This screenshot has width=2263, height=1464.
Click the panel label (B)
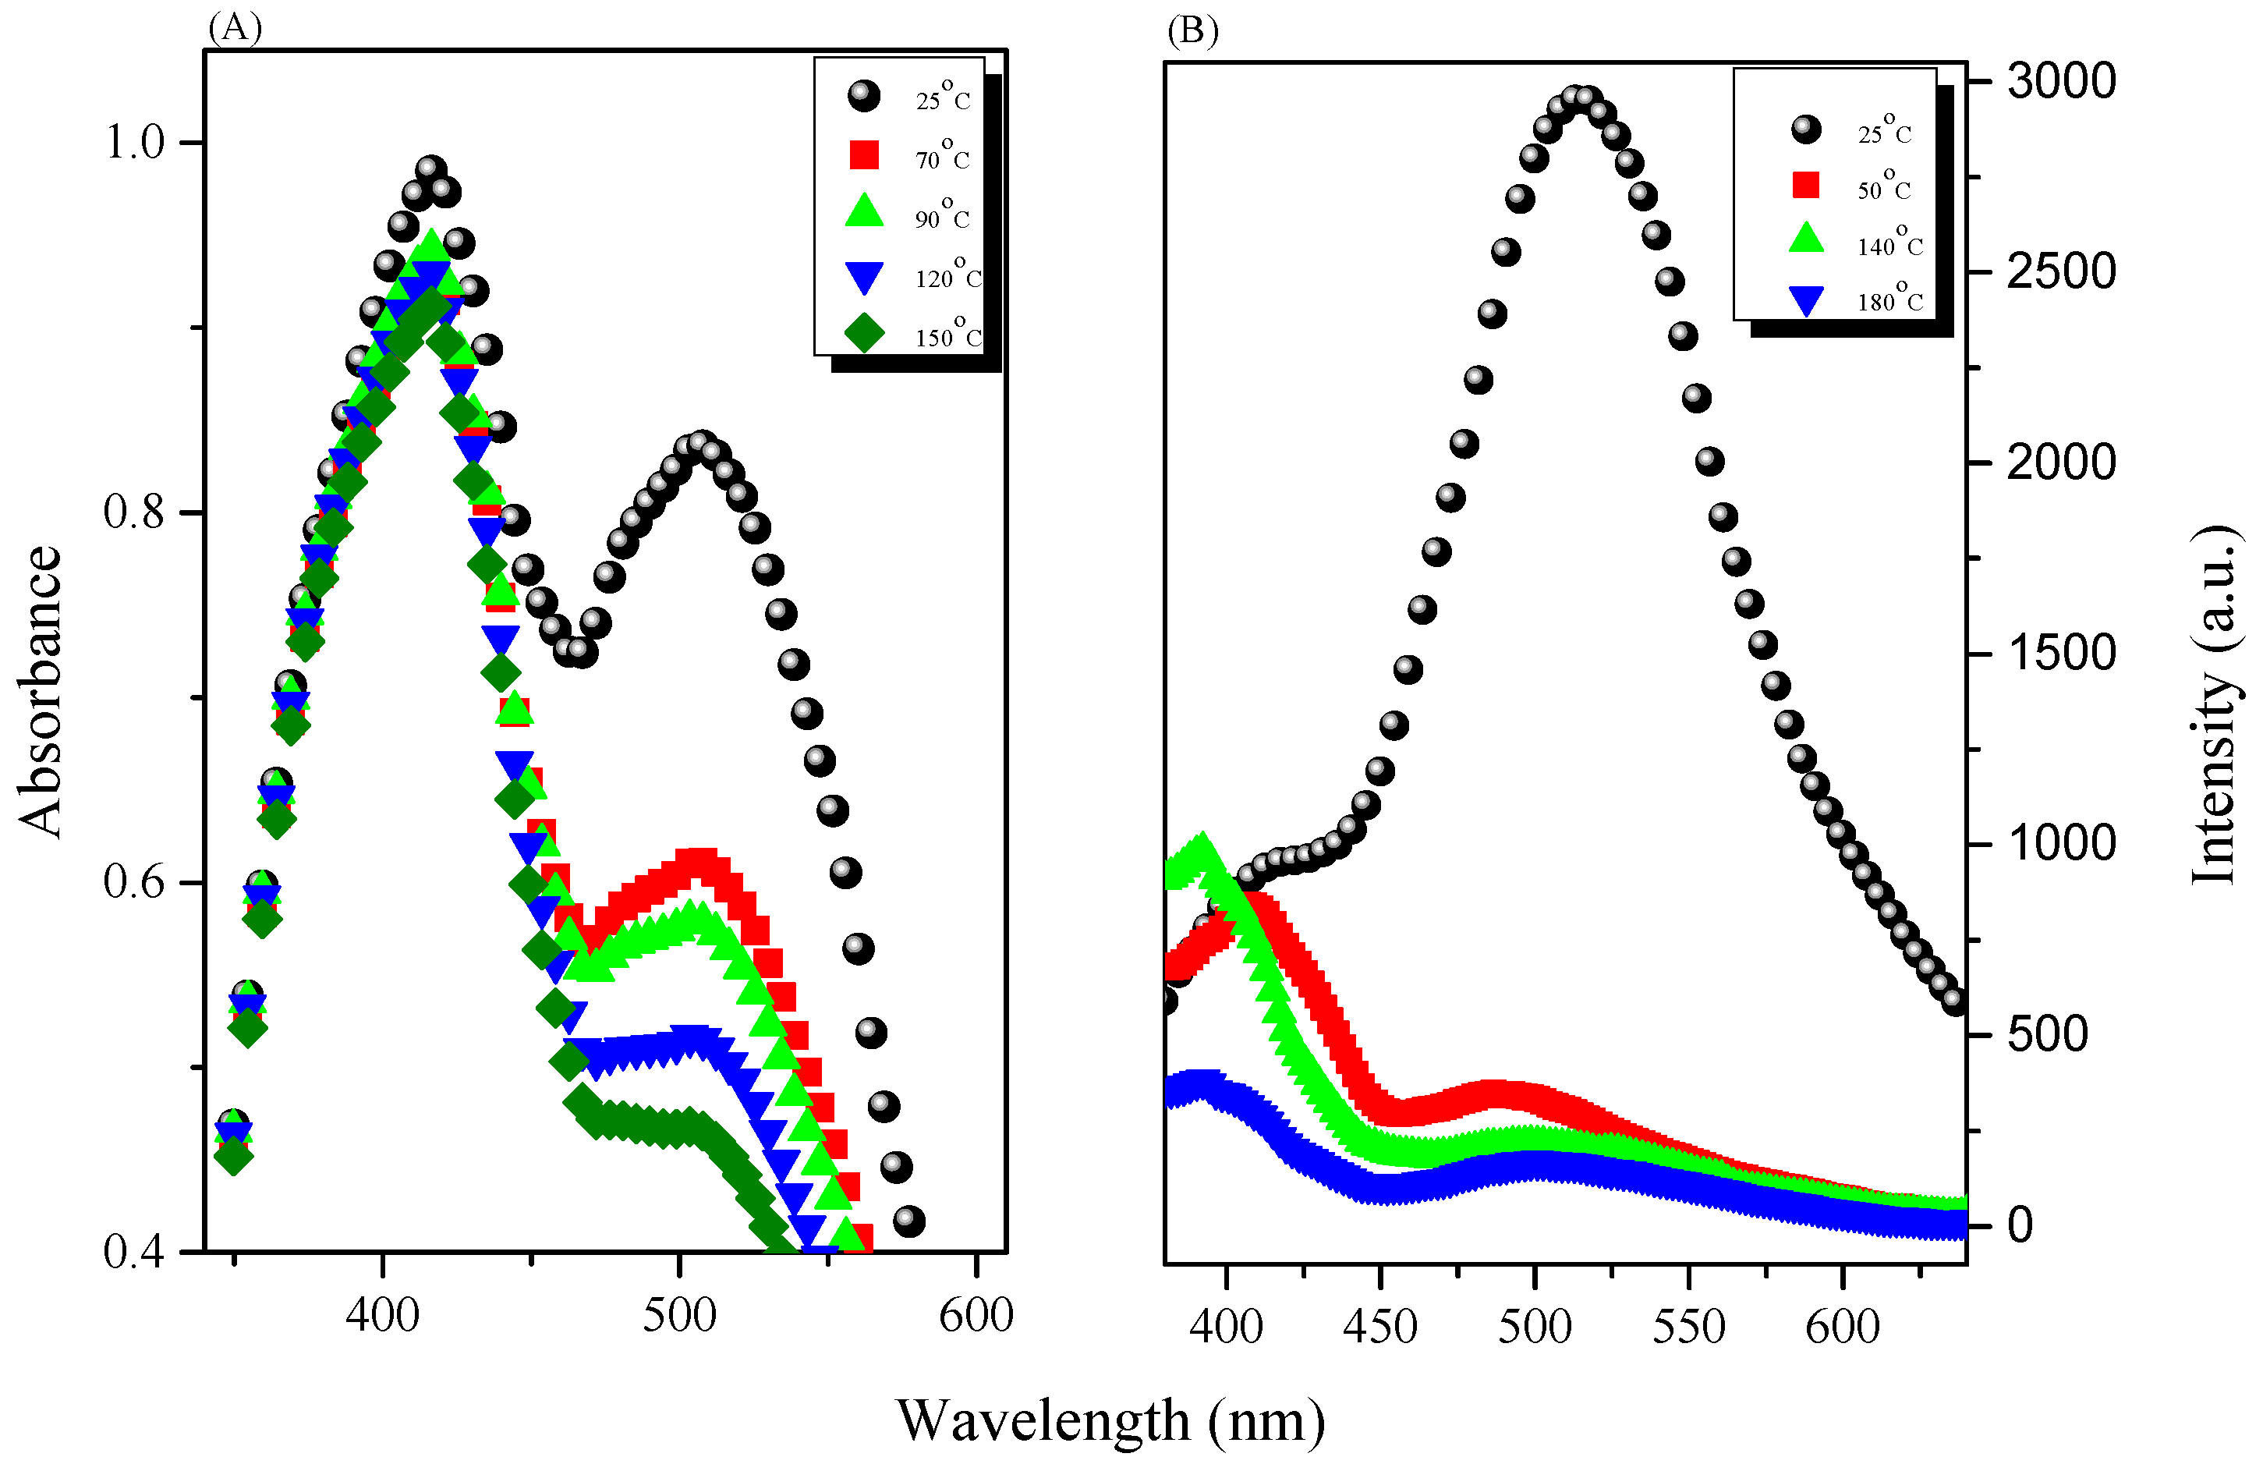[1192, 30]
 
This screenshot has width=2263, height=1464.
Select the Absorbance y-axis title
[40, 692]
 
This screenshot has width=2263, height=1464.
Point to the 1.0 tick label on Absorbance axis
[134, 143]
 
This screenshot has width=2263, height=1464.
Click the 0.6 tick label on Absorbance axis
[134, 881]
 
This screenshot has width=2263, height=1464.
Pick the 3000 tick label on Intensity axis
[2060, 81]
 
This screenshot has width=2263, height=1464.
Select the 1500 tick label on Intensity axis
[2060, 653]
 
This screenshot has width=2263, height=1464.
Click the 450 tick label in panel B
[1380, 1326]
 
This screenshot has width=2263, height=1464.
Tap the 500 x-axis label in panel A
[678, 1316]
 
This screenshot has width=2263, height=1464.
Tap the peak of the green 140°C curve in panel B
[1202, 846]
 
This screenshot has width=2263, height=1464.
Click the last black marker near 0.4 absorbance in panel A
[908, 1221]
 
